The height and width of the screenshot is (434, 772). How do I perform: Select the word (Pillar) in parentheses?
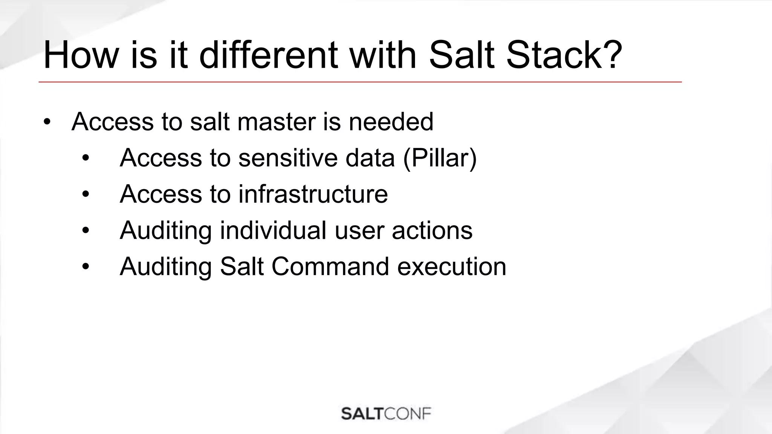pyautogui.click(x=440, y=158)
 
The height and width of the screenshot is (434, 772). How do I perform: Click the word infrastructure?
pyautogui.click(x=313, y=194)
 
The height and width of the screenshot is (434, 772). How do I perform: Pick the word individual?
pyautogui.click(x=273, y=230)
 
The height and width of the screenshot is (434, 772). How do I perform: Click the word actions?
pyautogui.click(x=432, y=230)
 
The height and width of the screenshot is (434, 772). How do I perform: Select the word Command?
pyautogui.click(x=330, y=267)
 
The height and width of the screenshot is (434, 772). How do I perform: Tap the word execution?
pyautogui.click(x=452, y=267)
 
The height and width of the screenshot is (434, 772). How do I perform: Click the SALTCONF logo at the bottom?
pyautogui.click(x=386, y=414)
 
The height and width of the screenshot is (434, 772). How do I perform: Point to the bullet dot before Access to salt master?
pyautogui.click(x=46, y=122)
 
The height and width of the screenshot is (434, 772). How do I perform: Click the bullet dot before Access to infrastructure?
pyautogui.click(x=86, y=194)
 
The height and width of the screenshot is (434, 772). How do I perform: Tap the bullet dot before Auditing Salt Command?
pyautogui.click(x=86, y=267)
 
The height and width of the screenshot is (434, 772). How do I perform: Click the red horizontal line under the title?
pyautogui.click(x=360, y=82)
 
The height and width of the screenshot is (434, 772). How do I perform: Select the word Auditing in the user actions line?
pyautogui.click(x=165, y=230)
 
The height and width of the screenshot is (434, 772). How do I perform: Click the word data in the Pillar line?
pyautogui.click(x=370, y=158)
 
